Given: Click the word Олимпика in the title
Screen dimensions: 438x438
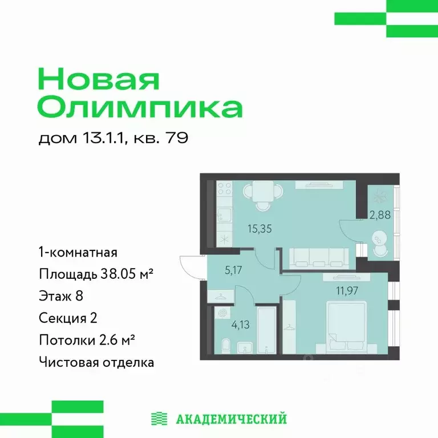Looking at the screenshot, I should pyautogui.click(x=139, y=107).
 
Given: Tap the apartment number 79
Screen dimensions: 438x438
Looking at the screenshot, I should pyautogui.click(x=177, y=139).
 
